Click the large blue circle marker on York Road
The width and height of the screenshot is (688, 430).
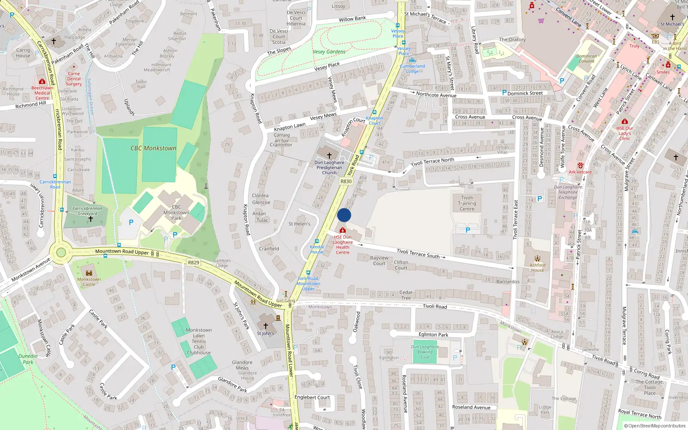point(344,215)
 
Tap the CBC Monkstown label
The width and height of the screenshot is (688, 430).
point(154,148)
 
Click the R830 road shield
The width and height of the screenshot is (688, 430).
point(346,181)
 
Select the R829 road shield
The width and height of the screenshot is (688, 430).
point(193,262)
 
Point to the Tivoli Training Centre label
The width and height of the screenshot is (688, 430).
point(467,203)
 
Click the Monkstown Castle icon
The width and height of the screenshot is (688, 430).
point(89,273)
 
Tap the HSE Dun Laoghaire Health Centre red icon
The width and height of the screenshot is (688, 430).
point(343,231)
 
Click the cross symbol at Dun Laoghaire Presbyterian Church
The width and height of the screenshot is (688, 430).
point(329,155)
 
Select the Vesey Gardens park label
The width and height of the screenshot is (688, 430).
point(329,52)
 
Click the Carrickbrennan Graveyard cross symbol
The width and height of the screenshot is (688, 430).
point(90,219)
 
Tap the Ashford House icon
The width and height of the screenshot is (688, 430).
point(537,259)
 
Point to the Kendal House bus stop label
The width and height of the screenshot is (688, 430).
point(317,249)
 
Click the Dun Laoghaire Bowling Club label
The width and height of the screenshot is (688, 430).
point(425,352)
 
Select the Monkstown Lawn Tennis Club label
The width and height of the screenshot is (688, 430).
point(199,341)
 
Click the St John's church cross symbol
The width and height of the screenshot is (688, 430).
point(266,326)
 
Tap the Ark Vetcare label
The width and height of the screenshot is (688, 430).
point(580,172)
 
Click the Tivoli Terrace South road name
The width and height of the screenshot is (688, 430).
point(418,253)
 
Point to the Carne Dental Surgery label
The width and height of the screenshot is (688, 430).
point(74,79)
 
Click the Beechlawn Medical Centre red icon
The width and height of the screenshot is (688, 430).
point(42,81)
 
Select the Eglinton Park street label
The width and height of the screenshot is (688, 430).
point(433,335)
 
